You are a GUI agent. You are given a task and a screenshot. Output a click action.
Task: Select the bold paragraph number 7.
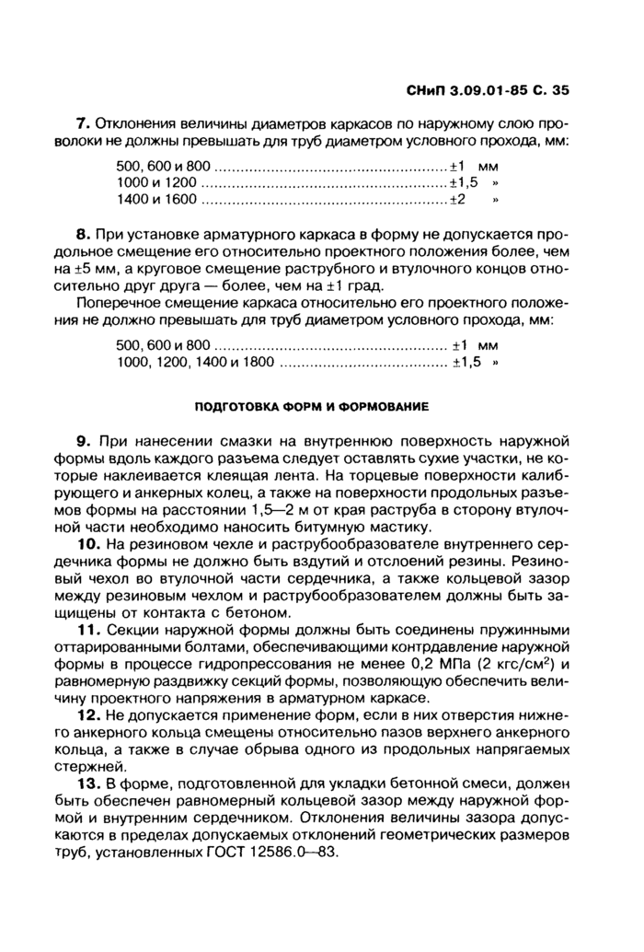point(81,123)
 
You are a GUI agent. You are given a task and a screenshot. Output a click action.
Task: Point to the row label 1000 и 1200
point(155,182)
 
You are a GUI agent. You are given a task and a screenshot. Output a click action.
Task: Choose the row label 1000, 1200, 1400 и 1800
point(196,363)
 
